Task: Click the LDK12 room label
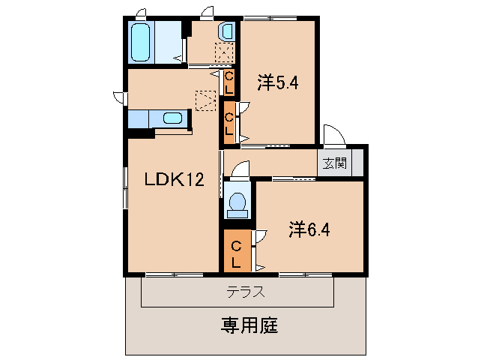click(x=174, y=179)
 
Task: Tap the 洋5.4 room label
click(x=278, y=82)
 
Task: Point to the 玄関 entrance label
click(x=334, y=163)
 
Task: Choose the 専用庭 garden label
click(x=249, y=326)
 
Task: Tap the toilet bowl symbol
click(x=237, y=203)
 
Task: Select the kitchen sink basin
click(x=173, y=118)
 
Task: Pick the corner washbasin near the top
click(x=226, y=31)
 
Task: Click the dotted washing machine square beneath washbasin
click(x=224, y=53)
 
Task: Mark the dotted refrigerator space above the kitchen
click(x=205, y=100)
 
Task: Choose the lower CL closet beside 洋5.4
click(x=229, y=122)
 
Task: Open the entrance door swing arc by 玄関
click(x=334, y=135)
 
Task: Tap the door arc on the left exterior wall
click(x=119, y=97)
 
